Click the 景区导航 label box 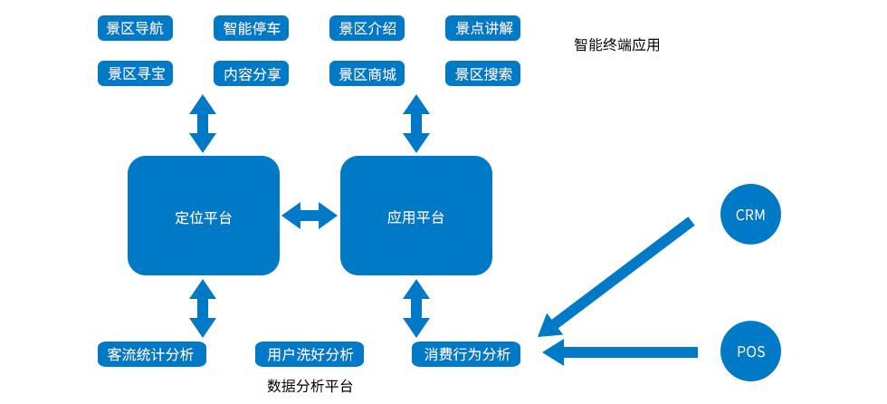pos(135,28)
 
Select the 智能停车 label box pos(252,28)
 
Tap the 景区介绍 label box pos(367,28)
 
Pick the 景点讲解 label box pos(483,28)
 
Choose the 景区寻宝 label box pos(135,73)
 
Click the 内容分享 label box pos(252,73)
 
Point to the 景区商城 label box pos(367,73)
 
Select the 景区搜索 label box pos(483,73)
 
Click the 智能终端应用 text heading pos(616,44)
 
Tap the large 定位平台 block pos(204,216)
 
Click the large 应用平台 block pos(415,216)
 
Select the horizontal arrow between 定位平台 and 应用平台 pos(310,216)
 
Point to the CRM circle pos(750,215)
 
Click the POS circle pos(750,351)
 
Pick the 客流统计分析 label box pos(151,354)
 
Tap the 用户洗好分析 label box pos(310,354)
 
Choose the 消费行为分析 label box pos(466,354)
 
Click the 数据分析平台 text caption pos(310,386)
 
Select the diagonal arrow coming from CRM pos(620,274)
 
